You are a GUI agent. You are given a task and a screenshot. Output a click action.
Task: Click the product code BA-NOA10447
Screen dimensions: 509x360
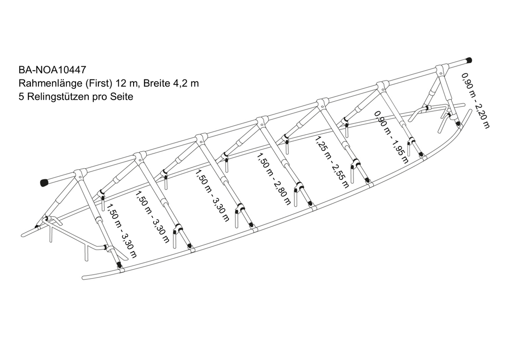pos(52,70)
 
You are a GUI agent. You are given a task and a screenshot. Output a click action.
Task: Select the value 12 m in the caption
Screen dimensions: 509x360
pos(129,84)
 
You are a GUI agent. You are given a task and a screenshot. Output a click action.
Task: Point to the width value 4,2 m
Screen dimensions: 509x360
pos(186,84)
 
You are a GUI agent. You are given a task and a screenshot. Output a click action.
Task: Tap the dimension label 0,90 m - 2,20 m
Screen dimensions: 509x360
pos(475,100)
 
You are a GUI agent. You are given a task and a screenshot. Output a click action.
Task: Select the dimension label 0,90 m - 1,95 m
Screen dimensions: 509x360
pos(391,137)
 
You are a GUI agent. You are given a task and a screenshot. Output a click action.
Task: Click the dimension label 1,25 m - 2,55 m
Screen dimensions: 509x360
pos(332,162)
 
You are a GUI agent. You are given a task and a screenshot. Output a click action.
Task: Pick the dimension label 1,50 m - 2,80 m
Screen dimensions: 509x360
pos(274,179)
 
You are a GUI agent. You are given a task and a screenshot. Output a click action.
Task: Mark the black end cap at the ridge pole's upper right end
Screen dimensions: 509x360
pos(468,60)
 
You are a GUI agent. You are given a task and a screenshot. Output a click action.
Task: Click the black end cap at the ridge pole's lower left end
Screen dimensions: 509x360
pos(45,183)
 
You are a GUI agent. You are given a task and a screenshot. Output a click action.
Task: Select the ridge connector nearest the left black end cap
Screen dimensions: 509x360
pos(80,174)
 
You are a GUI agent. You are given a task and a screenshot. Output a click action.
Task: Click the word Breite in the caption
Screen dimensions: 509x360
pos(157,84)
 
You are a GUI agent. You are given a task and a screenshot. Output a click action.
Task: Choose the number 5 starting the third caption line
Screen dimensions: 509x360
pos(21,97)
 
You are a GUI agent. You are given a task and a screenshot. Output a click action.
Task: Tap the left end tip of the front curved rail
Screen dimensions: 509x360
pos(84,278)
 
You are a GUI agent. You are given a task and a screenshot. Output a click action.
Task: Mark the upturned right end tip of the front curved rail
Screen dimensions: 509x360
pos(470,110)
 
